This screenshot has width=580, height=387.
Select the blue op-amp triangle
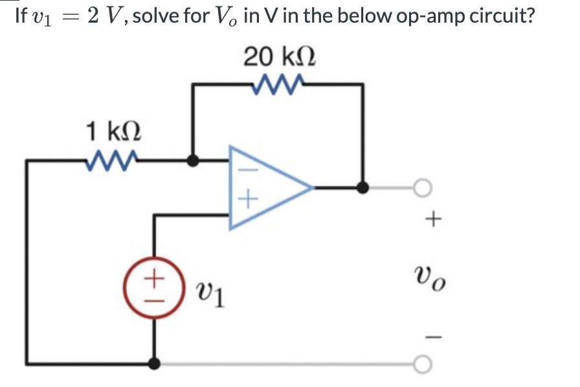265,188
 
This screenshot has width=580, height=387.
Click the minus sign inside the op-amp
240,170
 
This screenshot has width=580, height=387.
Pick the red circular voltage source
153,285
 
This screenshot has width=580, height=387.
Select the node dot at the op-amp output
364,188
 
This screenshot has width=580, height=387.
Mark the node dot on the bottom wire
153,364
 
